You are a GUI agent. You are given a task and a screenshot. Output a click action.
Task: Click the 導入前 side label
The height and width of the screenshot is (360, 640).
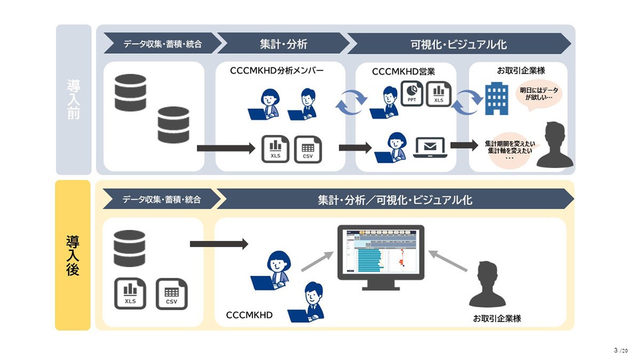[x=74, y=100]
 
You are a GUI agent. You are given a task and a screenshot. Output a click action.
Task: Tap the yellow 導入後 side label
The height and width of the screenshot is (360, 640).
[x=73, y=255]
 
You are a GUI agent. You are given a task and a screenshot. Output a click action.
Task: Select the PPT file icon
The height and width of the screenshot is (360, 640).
[x=412, y=93]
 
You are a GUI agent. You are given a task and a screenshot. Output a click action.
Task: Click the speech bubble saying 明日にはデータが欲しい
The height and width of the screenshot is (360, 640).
[x=539, y=94]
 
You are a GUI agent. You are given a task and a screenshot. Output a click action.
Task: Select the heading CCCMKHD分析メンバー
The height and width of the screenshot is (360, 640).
[x=277, y=70]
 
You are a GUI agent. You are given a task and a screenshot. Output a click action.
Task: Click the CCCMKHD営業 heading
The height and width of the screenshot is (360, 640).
[x=403, y=71]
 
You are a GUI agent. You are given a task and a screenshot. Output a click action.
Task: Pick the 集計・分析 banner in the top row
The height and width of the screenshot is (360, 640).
[x=283, y=44]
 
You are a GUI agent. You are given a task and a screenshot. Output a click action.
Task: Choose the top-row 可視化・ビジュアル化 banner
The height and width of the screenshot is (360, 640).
[x=459, y=44]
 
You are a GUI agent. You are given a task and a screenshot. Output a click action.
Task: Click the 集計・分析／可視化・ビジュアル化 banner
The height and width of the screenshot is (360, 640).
[x=395, y=200]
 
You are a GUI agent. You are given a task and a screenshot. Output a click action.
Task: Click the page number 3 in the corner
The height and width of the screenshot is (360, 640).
[x=615, y=350]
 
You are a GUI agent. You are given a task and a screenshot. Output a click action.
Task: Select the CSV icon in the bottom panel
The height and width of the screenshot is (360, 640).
[x=171, y=294]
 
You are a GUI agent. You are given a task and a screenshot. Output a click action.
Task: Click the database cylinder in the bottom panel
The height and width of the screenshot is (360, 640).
[x=130, y=249]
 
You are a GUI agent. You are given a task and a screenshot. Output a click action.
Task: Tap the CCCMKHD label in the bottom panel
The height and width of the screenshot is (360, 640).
[x=249, y=315]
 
